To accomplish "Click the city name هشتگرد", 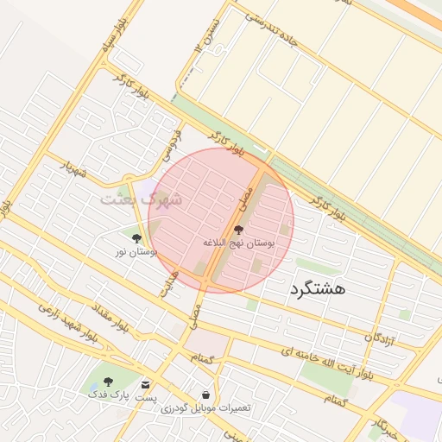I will pyautogui.click(x=318, y=288).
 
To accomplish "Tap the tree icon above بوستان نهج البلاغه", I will pyautogui.click(x=238, y=230).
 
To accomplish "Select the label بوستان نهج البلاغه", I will pyautogui.click(x=238, y=244).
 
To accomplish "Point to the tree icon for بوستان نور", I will pyautogui.click(x=136, y=236).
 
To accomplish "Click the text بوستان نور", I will pyautogui.click(x=136, y=251).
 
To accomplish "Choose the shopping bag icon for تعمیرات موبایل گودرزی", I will pyautogui.click(x=205, y=394).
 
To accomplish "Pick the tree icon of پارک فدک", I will pyautogui.click(x=108, y=382).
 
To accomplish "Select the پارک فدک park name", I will pyautogui.click(x=110, y=395).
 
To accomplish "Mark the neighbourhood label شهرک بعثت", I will pyautogui.click(x=141, y=199).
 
